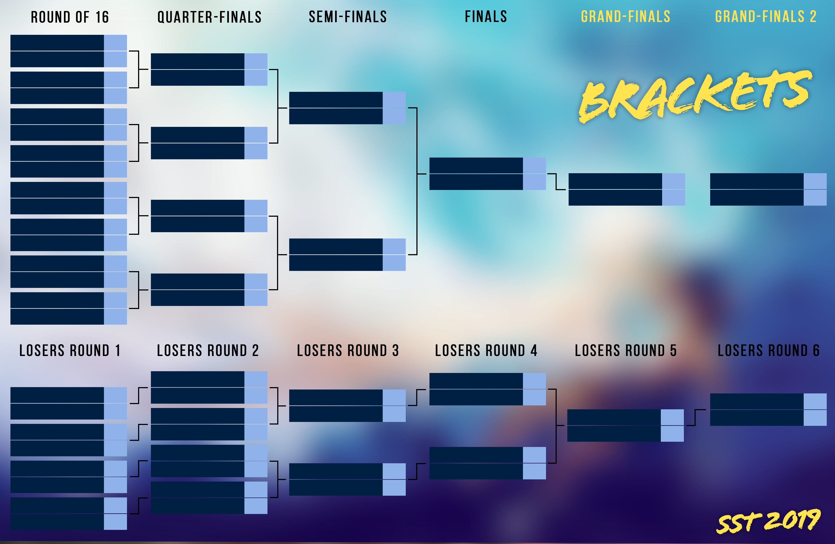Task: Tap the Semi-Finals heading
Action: click(348, 17)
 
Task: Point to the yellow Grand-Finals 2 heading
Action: click(766, 17)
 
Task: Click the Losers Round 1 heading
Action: click(70, 351)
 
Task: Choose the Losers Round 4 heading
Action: click(486, 351)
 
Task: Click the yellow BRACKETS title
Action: click(696, 96)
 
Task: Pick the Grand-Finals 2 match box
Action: click(768, 189)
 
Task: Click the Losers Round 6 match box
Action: click(768, 410)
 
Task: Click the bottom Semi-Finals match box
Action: click(347, 255)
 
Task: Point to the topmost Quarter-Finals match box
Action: click(209, 70)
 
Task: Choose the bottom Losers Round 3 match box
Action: click(347, 479)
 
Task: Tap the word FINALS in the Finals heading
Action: click(486, 17)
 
